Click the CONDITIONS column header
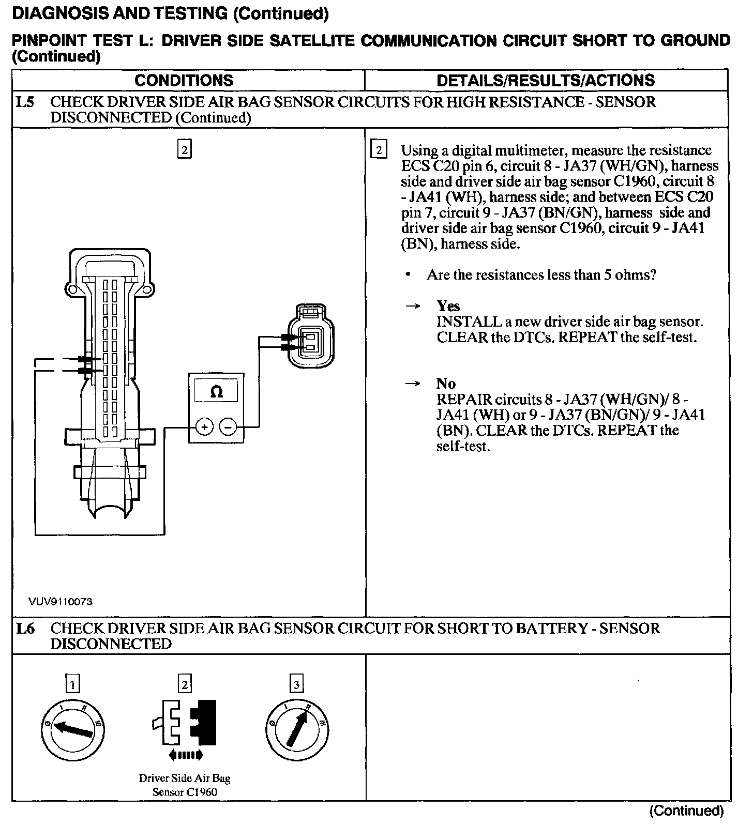184,80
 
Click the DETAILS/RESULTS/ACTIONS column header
546,80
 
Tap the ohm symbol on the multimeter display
216,392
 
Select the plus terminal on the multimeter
205,427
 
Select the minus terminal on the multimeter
228,427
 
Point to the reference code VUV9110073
61,601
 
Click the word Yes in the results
448,305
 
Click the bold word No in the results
446,384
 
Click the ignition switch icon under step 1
73,729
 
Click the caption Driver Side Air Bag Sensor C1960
185,785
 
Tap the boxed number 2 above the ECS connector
184,150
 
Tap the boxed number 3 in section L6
296,685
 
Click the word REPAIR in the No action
463,399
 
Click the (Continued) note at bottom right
686,810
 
